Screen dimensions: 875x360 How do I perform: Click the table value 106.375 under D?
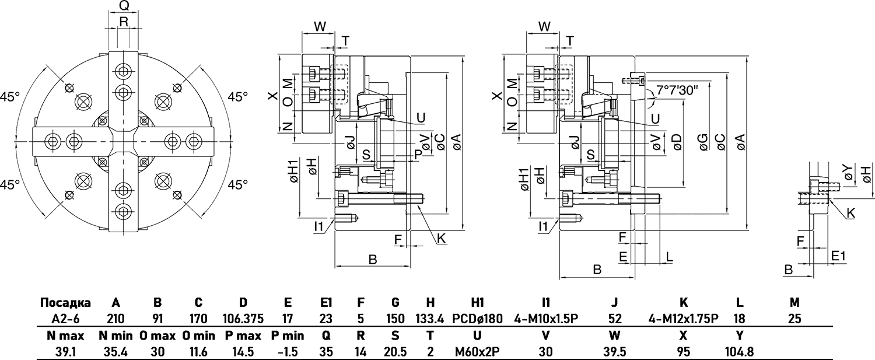[x=243, y=319]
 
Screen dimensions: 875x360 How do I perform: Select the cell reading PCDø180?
[x=477, y=319]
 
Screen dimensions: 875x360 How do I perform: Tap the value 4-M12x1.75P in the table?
[x=684, y=319]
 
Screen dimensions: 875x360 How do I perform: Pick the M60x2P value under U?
[x=477, y=353]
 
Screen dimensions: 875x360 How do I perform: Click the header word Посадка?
[x=65, y=303]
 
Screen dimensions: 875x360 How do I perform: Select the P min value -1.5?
[x=287, y=353]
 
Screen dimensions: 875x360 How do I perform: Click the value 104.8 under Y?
[x=739, y=353]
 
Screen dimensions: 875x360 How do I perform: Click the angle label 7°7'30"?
[x=677, y=90]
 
